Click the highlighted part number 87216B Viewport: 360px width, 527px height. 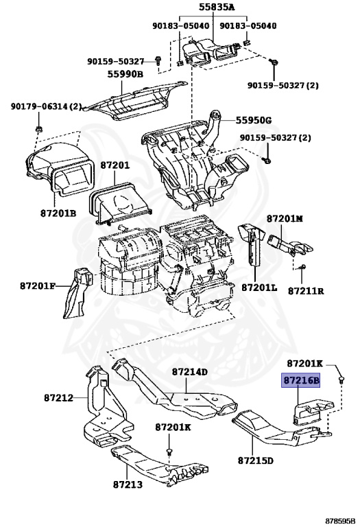pyautogui.click(x=300, y=381)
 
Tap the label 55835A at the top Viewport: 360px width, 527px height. pyautogui.click(x=217, y=7)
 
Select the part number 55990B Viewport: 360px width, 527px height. pyautogui.click(x=125, y=74)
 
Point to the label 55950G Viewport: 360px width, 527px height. pyautogui.click(x=254, y=120)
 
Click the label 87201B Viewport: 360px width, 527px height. pyautogui.click(x=58, y=213)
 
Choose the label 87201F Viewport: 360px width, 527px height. pyautogui.click(x=38, y=286)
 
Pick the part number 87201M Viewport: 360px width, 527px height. pyautogui.click(x=285, y=218)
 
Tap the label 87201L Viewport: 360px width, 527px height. pyautogui.click(x=260, y=288)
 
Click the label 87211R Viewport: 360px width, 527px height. pyautogui.click(x=306, y=291)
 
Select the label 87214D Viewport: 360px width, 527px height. pyautogui.click(x=190, y=372)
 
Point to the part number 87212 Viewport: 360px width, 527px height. pyautogui.click(x=58, y=398)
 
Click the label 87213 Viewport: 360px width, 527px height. pyautogui.click(x=128, y=484)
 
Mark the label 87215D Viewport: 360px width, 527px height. pyautogui.click(x=256, y=460)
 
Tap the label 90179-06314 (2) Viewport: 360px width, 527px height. pyautogui.click(x=47, y=106)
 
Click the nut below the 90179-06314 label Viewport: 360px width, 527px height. pyautogui.click(x=38, y=129)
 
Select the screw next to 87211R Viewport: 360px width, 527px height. pyautogui.click(x=302, y=267)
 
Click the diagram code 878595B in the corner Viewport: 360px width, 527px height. pyautogui.click(x=340, y=522)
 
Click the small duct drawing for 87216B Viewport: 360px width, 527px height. pyautogui.click(x=312, y=411)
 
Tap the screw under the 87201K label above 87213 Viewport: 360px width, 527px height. pyautogui.click(x=169, y=451)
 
